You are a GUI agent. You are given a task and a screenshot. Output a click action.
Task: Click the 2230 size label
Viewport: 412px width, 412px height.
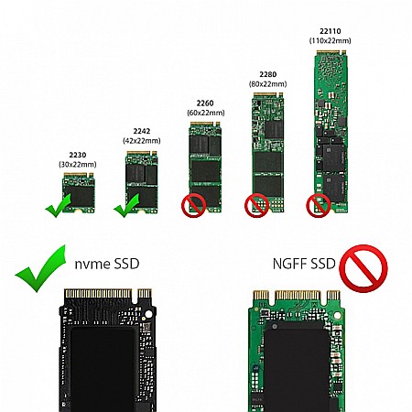tap(78, 155)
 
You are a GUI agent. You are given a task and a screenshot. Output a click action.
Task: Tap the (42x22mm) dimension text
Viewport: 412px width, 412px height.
tap(142, 141)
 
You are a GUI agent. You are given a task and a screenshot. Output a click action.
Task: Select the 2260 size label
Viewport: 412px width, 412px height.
tap(205, 103)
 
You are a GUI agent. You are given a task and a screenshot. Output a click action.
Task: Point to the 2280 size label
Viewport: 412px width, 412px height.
tap(268, 74)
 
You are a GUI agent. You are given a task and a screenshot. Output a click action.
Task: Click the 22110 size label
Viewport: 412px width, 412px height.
tap(331, 31)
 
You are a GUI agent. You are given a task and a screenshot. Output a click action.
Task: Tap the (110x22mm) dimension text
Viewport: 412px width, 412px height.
tap(331, 40)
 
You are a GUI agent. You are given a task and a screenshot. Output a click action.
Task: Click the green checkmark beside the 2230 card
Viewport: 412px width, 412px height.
tap(58, 205)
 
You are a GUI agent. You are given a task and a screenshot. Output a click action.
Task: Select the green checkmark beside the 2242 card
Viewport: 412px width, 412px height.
tap(126, 205)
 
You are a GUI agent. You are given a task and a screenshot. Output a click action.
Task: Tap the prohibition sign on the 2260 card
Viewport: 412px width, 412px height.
tap(193, 206)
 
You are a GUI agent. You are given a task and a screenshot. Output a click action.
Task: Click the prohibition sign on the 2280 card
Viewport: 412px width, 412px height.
tap(256, 205)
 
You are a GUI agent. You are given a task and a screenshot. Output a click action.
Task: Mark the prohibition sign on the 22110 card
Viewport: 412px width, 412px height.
tap(319, 205)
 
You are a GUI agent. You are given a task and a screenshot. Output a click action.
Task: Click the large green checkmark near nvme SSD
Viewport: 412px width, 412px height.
tap(40, 268)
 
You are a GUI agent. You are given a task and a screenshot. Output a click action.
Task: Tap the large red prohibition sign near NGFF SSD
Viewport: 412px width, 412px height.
tap(363, 268)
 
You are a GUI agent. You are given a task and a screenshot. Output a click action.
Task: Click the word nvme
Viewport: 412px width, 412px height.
tap(90, 265)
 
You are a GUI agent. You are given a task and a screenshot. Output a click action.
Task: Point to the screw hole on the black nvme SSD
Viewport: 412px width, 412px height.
tap(148, 314)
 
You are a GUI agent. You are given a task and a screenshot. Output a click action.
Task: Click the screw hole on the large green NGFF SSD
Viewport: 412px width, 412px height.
tap(337, 315)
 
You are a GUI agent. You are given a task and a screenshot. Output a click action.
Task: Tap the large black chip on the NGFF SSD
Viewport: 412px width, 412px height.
tap(297, 366)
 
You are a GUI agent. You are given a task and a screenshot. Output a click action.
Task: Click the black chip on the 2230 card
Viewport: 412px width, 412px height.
tap(80, 196)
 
